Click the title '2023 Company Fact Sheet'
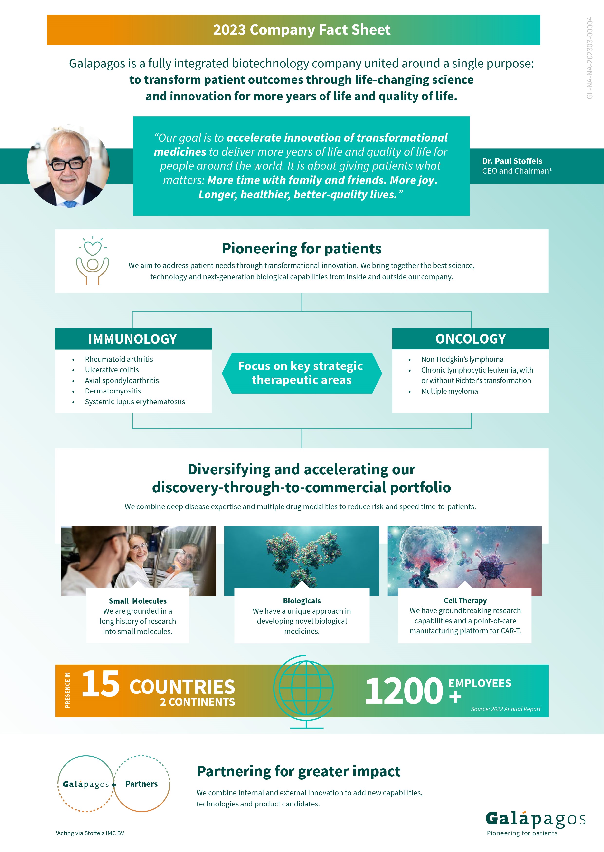(x=302, y=30)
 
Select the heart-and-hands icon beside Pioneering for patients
(x=93, y=261)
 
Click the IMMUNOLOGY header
(x=133, y=339)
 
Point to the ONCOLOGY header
(x=471, y=339)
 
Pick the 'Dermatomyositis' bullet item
(x=113, y=391)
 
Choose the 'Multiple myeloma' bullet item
(x=449, y=391)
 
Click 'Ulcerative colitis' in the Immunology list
(x=112, y=370)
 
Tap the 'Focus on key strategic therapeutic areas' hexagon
(x=301, y=373)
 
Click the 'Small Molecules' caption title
(x=138, y=601)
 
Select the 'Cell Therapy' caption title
(x=465, y=601)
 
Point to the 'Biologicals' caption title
(x=302, y=601)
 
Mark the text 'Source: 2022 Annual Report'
(x=505, y=709)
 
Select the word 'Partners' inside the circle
(x=141, y=784)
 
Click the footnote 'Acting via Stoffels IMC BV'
(x=90, y=833)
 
